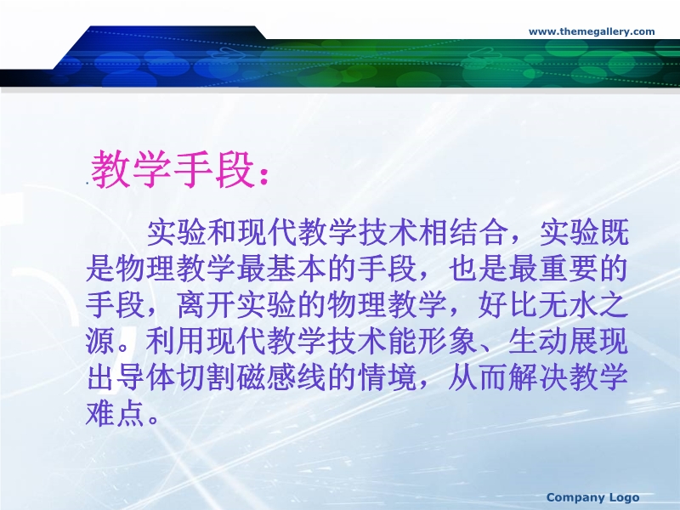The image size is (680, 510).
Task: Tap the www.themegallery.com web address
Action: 592,31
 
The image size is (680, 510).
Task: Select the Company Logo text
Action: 592,497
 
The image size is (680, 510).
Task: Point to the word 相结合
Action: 461,233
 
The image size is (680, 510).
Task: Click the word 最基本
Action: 281,269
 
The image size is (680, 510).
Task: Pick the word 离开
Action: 206,305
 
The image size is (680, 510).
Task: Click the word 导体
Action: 145,377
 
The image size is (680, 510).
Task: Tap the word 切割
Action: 206,377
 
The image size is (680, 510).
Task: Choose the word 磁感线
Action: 281,377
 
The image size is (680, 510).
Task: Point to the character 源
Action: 100,342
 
